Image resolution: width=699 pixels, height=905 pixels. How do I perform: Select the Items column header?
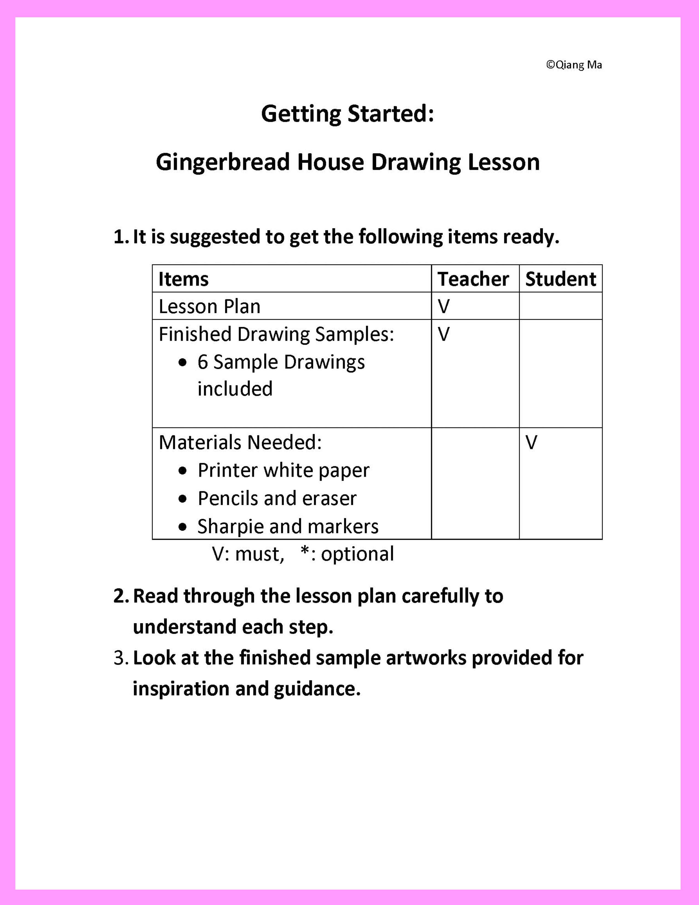click(x=183, y=279)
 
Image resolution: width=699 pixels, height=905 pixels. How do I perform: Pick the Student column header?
click(x=561, y=279)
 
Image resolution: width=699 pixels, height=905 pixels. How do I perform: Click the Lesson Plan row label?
click(x=209, y=307)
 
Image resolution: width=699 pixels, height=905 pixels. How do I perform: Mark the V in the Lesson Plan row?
click(x=444, y=307)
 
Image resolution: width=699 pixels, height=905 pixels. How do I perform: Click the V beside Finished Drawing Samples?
click(x=444, y=334)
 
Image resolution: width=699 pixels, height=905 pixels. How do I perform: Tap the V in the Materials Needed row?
click(x=531, y=443)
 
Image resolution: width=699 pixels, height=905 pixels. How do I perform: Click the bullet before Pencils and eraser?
click(x=183, y=499)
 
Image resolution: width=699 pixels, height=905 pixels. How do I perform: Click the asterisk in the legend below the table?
click(x=305, y=551)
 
